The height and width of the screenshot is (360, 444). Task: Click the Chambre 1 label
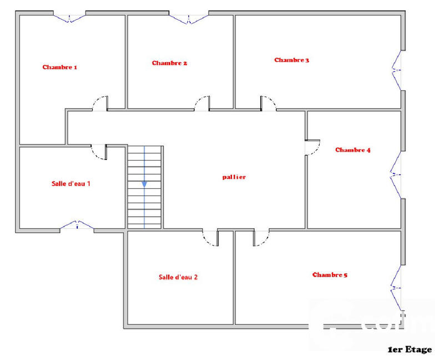[60, 67]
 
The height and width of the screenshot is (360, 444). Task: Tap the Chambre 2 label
[169, 63]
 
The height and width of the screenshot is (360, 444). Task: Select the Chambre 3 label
[291, 60]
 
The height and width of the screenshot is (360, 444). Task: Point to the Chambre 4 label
[352, 150]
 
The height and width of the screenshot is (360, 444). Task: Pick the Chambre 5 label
[330, 275]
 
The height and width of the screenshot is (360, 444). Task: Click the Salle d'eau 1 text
[71, 183]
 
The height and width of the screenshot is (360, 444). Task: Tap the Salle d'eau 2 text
[178, 277]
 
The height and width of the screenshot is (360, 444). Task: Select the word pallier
[234, 177]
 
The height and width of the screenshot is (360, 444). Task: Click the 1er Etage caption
[410, 350]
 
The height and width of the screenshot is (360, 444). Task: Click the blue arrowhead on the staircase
[144, 184]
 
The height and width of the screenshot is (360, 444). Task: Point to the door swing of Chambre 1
[100, 103]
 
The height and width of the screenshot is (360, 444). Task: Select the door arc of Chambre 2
[201, 103]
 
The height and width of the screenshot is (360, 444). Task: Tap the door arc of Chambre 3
[269, 103]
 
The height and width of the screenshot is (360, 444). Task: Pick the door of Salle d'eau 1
[99, 151]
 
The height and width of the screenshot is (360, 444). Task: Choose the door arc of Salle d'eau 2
[210, 239]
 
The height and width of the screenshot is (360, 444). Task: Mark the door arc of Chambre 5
[261, 239]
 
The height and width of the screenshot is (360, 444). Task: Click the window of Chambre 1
[70, 17]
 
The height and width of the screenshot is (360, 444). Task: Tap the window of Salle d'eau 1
[77, 225]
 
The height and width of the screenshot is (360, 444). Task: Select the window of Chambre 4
[396, 174]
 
